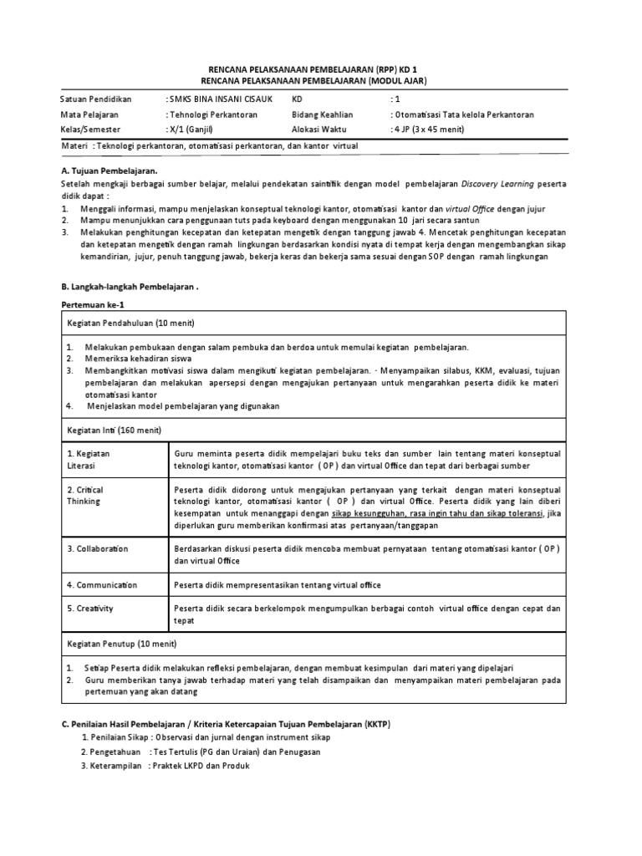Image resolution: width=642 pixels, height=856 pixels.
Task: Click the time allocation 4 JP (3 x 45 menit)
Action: tap(438, 130)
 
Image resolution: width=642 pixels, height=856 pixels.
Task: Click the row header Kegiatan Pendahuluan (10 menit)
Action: tap(130, 324)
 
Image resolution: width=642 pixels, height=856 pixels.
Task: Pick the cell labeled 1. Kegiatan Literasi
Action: tap(89, 458)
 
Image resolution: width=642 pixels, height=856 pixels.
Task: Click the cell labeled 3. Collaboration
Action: tap(99, 548)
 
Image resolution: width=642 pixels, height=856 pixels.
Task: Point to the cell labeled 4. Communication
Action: tap(102, 585)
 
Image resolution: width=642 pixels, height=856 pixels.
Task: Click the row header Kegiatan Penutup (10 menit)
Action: tap(124, 645)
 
